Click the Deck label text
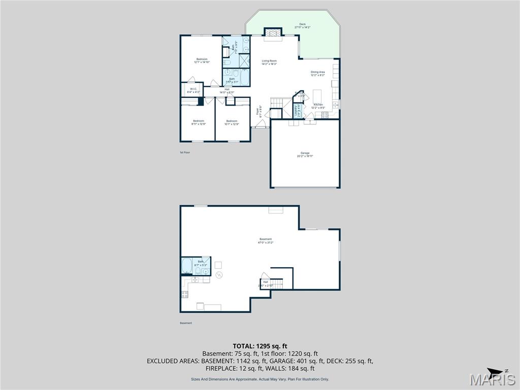pos(302,26)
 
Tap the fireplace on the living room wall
pos(273,32)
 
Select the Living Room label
pos(269,62)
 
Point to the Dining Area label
pos(318,73)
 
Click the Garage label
pos(305,154)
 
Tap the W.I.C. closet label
pos(193,90)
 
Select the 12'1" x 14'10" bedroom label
pos(202,60)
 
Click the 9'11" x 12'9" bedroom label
pos(198,122)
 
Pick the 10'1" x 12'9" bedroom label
pos(232,122)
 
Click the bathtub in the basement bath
pos(187,266)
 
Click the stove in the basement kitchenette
pos(185,294)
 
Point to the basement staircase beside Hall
pos(276,283)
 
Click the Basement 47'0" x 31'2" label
pos(266,241)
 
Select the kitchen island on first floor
pos(318,96)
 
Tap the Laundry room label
pos(296,111)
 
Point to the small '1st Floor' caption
pos(184,152)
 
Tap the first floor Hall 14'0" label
pos(226,91)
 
